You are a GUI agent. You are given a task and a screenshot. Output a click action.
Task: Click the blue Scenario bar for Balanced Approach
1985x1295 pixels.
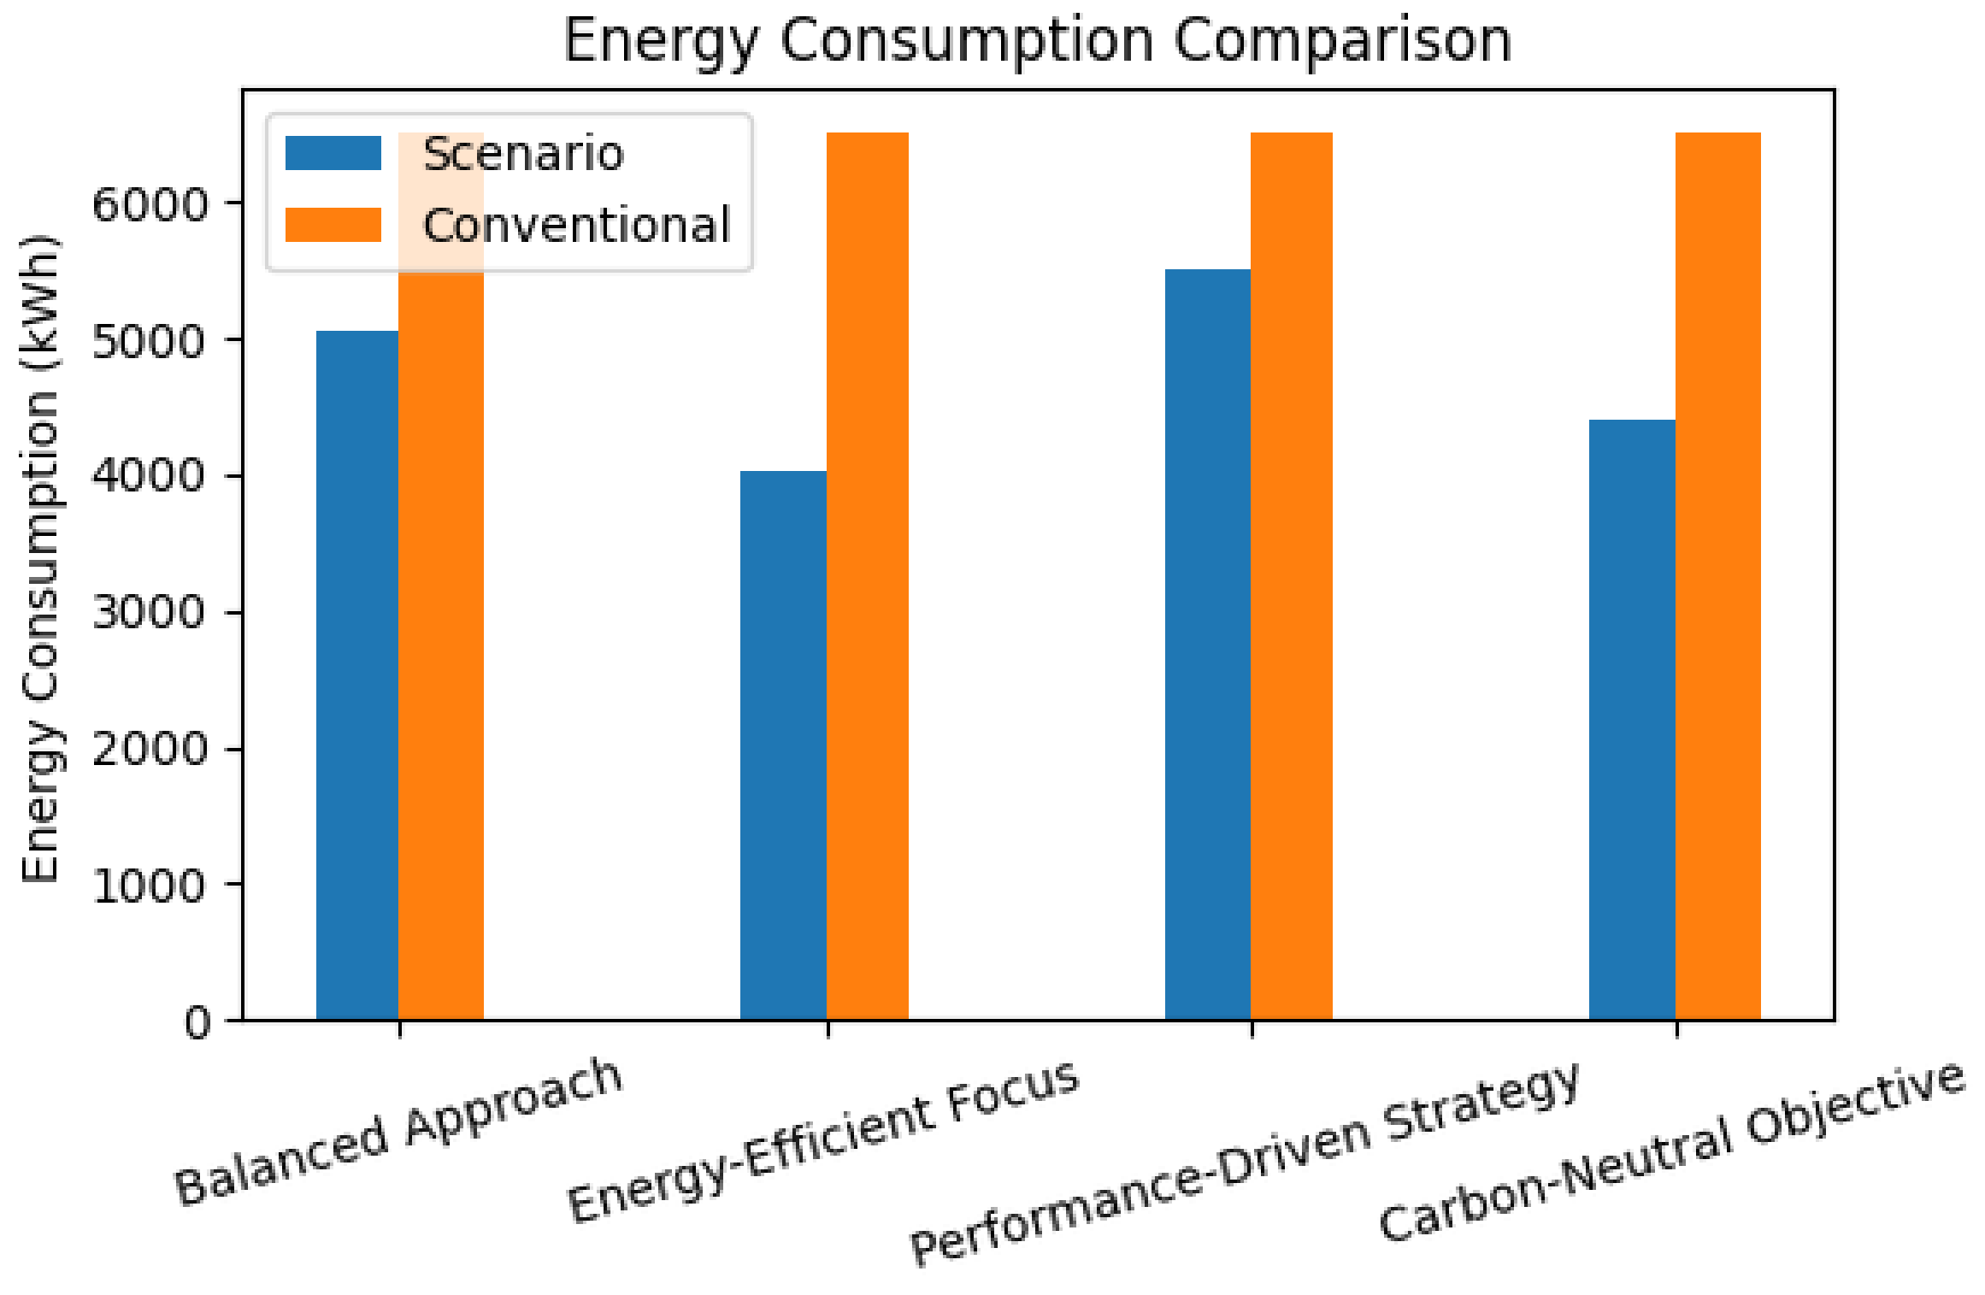tap(357, 675)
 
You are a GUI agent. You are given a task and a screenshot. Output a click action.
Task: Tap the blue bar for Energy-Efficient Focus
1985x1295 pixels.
tap(783, 745)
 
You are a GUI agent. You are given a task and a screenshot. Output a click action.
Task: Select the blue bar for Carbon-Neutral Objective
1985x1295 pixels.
tap(1631, 719)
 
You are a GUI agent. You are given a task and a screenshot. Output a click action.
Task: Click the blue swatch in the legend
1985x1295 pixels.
tap(333, 154)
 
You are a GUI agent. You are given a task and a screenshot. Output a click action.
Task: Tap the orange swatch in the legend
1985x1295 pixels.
tap(333, 225)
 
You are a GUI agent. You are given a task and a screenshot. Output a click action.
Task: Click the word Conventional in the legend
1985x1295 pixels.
tap(576, 226)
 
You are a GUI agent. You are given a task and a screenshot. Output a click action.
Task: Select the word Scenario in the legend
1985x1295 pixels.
tap(523, 155)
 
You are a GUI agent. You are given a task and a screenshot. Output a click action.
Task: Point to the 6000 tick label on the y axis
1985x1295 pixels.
tap(150, 205)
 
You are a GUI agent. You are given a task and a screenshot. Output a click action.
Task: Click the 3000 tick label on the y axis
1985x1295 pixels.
tap(150, 613)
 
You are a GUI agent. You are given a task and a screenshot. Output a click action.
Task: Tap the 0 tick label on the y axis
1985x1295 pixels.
tap(197, 1021)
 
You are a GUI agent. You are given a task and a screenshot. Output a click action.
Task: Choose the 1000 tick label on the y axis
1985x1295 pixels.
tap(150, 886)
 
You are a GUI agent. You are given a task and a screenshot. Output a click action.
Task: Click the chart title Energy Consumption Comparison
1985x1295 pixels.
tap(1037, 40)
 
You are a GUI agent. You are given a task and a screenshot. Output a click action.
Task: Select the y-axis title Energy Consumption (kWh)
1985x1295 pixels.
tap(40, 557)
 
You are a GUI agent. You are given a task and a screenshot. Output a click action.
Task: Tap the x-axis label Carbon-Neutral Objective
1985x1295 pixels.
tap(1672, 1151)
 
